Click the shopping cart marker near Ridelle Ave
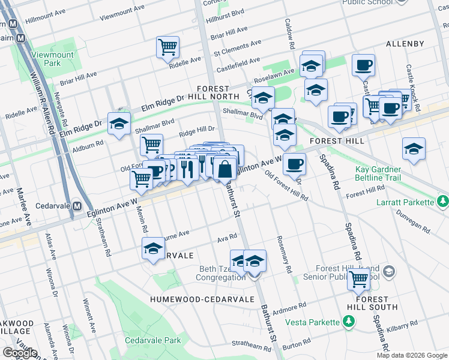point(167,47)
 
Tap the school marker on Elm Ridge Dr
point(119,124)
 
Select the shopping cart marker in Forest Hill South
point(359,278)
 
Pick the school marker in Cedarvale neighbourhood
point(153,248)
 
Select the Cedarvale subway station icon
point(77,206)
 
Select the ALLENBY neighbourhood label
point(405,44)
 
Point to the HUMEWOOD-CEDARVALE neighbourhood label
point(187,299)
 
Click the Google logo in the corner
point(20,353)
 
